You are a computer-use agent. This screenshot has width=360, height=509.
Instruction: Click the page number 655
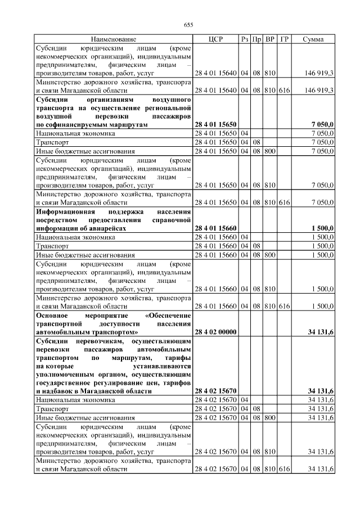pos(188,25)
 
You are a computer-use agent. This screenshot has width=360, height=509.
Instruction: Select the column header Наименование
pos(113,39)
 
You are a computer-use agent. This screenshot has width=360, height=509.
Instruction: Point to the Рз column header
pos(244,39)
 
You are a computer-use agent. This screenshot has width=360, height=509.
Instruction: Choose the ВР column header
pos(270,39)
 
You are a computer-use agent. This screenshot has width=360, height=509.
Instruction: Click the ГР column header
pos(284,39)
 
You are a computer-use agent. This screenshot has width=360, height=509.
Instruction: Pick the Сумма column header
pos(313,39)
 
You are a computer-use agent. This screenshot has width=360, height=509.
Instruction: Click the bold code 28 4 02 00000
pos(215,332)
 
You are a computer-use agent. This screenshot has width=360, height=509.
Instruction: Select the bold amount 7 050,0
pos(322,124)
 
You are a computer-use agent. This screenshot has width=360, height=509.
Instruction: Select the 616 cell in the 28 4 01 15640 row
pos(284,90)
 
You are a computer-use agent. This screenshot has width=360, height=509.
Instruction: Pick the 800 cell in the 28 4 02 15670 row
pos(270,418)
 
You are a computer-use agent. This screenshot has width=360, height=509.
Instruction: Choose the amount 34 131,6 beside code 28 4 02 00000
pos(321,332)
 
